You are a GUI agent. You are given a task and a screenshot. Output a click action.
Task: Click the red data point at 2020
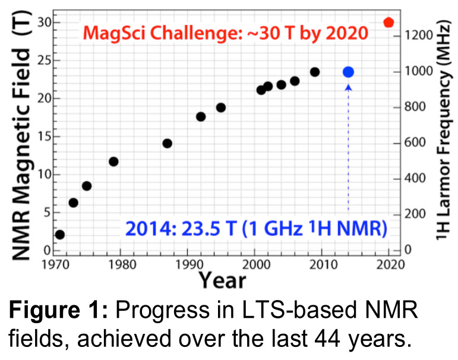point(388,23)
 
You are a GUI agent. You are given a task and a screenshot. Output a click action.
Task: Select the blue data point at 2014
point(348,72)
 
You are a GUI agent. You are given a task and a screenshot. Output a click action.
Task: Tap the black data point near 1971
point(59,235)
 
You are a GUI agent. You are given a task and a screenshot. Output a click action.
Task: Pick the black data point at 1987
point(167,143)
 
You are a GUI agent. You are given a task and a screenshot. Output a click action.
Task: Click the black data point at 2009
point(315,72)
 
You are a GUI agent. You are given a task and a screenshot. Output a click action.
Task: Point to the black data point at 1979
point(113,162)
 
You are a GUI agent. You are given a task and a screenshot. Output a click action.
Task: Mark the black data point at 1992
point(201,116)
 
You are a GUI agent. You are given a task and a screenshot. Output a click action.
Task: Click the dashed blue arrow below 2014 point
point(348,149)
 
